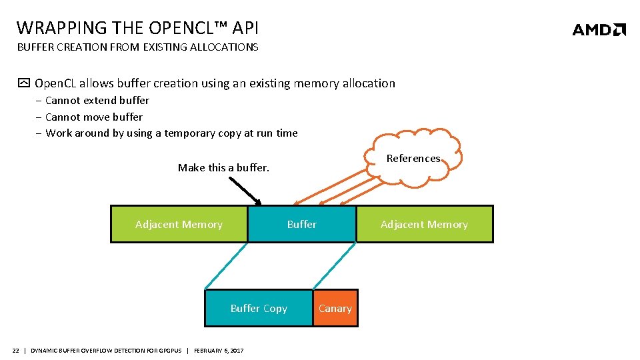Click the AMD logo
click(x=599, y=29)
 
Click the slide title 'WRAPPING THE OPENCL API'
click(x=137, y=28)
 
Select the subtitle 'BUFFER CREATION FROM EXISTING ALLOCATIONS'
click(x=137, y=47)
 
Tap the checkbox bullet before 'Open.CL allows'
click(x=24, y=84)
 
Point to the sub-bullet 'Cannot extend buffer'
click(x=97, y=101)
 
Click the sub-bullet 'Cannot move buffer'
click(x=94, y=117)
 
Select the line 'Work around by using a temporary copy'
click(x=171, y=133)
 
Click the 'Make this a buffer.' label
click(x=223, y=168)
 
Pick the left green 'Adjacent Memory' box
click(x=179, y=225)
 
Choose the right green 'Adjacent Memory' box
click(x=424, y=225)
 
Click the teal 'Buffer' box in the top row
click(x=302, y=225)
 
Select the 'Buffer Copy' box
click(x=259, y=309)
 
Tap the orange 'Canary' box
click(x=335, y=309)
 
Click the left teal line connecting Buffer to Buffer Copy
click(x=227, y=266)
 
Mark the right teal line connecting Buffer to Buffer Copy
click(x=334, y=266)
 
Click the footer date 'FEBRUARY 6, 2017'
click(x=219, y=351)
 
